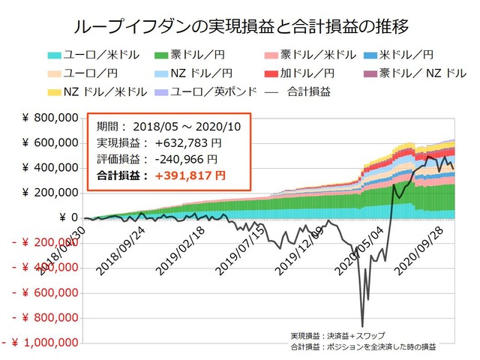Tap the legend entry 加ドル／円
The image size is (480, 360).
point(298,73)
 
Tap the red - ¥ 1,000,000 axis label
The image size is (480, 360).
point(43,343)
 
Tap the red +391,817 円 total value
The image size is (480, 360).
point(179,175)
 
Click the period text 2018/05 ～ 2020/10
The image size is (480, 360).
point(181,127)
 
